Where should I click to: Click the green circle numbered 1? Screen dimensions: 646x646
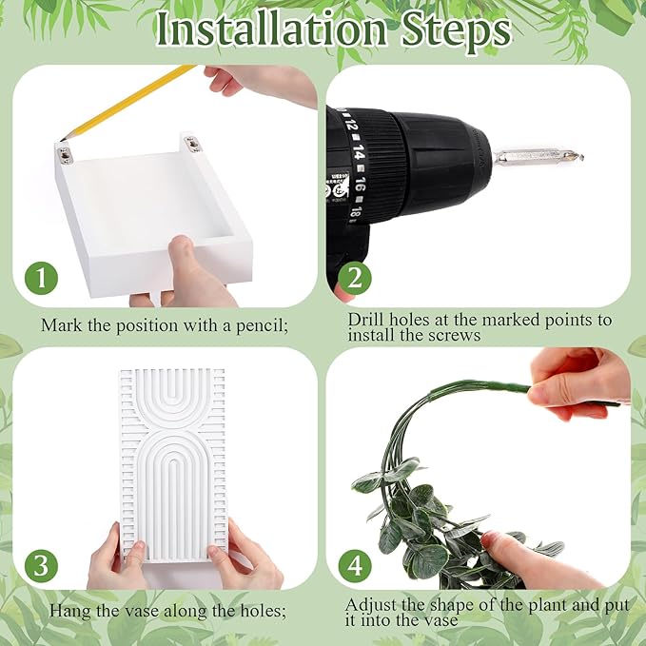coord(41,278)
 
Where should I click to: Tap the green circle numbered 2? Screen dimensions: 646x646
coord(355,278)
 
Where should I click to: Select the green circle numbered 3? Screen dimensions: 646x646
coord(41,566)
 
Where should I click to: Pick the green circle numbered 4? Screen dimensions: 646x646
coord(355,566)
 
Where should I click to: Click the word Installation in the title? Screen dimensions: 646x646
coord(271,29)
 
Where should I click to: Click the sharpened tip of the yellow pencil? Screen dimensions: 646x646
coord(62,141)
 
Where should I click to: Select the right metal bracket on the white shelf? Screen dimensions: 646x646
coord(191,145)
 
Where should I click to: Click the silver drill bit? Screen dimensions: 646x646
coord(538,157)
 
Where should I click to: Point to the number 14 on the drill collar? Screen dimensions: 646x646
coord(358,154)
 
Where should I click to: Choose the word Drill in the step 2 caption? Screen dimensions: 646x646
coord(366,320)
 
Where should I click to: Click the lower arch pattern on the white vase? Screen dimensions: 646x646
coord(172,492)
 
